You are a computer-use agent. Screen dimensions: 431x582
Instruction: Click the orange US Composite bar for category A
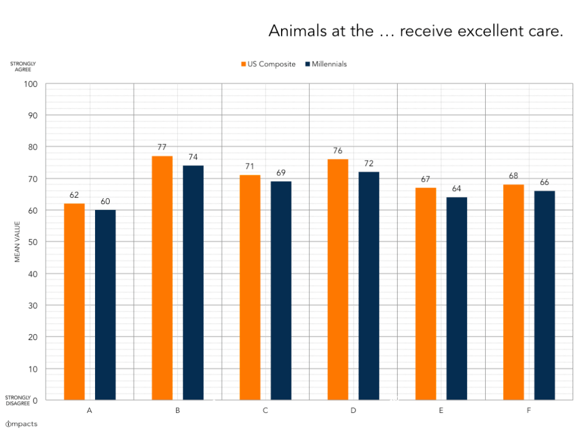click(x=75, y=301)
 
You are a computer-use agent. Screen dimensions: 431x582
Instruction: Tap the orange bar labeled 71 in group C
click(x=250, y=287)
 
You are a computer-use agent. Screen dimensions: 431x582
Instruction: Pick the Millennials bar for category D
click(x=369, y=286)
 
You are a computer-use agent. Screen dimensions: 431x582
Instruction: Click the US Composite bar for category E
click(x=426, y=294)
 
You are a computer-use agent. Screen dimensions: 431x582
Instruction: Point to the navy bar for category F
click(x=544, y=295)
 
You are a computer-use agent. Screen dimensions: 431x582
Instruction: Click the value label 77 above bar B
click(x=162, y=147)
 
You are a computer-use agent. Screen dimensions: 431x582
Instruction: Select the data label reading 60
click(x=105, y=201)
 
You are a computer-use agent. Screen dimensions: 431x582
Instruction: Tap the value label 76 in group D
click(x=338, y=151)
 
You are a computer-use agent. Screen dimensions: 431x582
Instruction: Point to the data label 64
click(x=457, y=188)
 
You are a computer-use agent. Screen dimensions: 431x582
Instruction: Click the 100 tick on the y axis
click(x=30, y=84)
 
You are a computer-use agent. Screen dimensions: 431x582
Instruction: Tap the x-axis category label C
click(x=265, y=410)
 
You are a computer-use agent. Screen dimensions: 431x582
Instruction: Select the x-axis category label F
click(x=529, y=410)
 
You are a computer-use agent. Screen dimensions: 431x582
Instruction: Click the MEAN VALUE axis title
click(x=17, y=242)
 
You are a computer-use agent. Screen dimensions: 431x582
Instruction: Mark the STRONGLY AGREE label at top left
click(x=23, y=66)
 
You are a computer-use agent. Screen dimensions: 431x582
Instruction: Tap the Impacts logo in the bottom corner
click(x=21, y=423)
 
